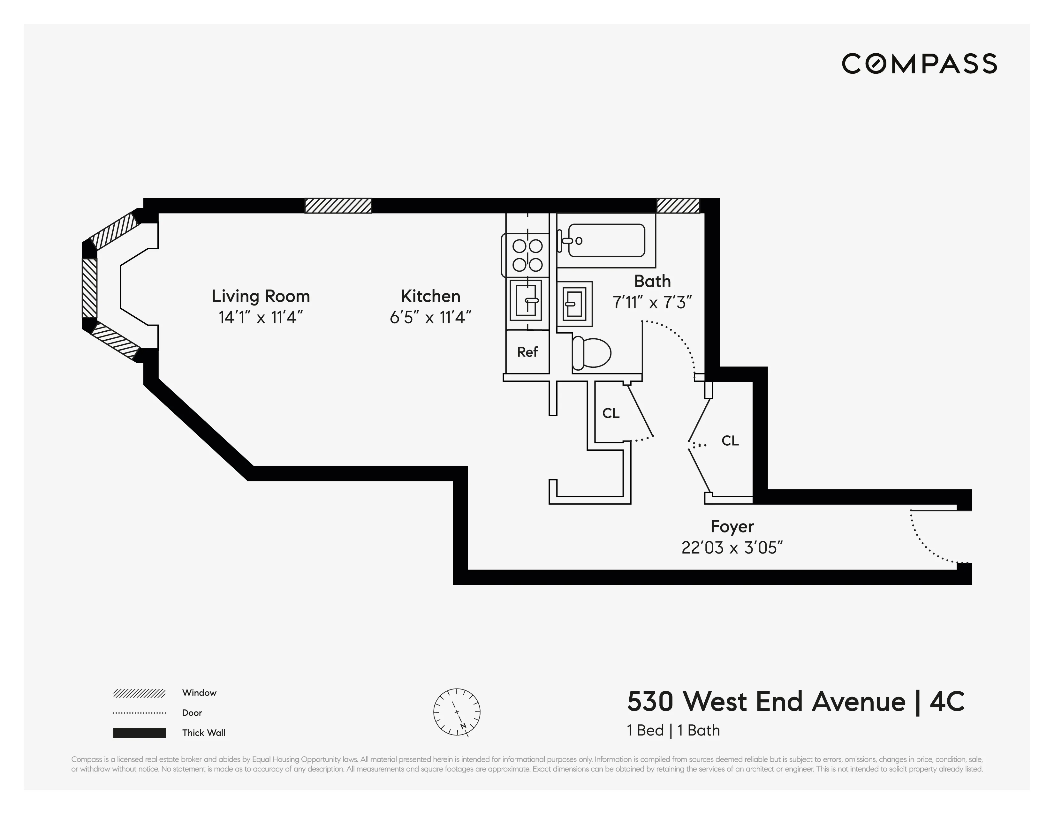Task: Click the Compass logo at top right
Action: [919, 64]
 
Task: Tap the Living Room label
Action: [261, 296]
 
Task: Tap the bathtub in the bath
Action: [606, 240]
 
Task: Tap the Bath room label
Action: [652, 281]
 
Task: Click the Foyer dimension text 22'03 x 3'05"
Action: [732, 548]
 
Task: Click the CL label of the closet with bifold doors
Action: [730, 441]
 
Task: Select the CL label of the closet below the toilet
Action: [610, 413]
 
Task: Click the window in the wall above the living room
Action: [338, 206]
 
